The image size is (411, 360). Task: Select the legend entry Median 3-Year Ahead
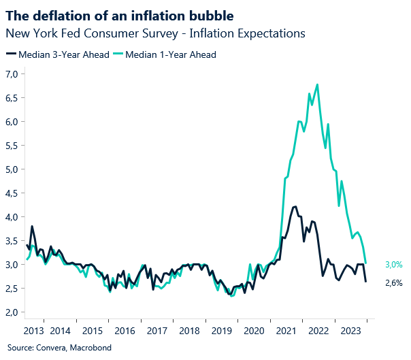58,54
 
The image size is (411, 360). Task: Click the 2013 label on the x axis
35,331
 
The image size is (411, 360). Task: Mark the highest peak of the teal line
318,84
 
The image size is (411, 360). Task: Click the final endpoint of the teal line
366,263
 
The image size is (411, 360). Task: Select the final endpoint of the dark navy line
366,282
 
